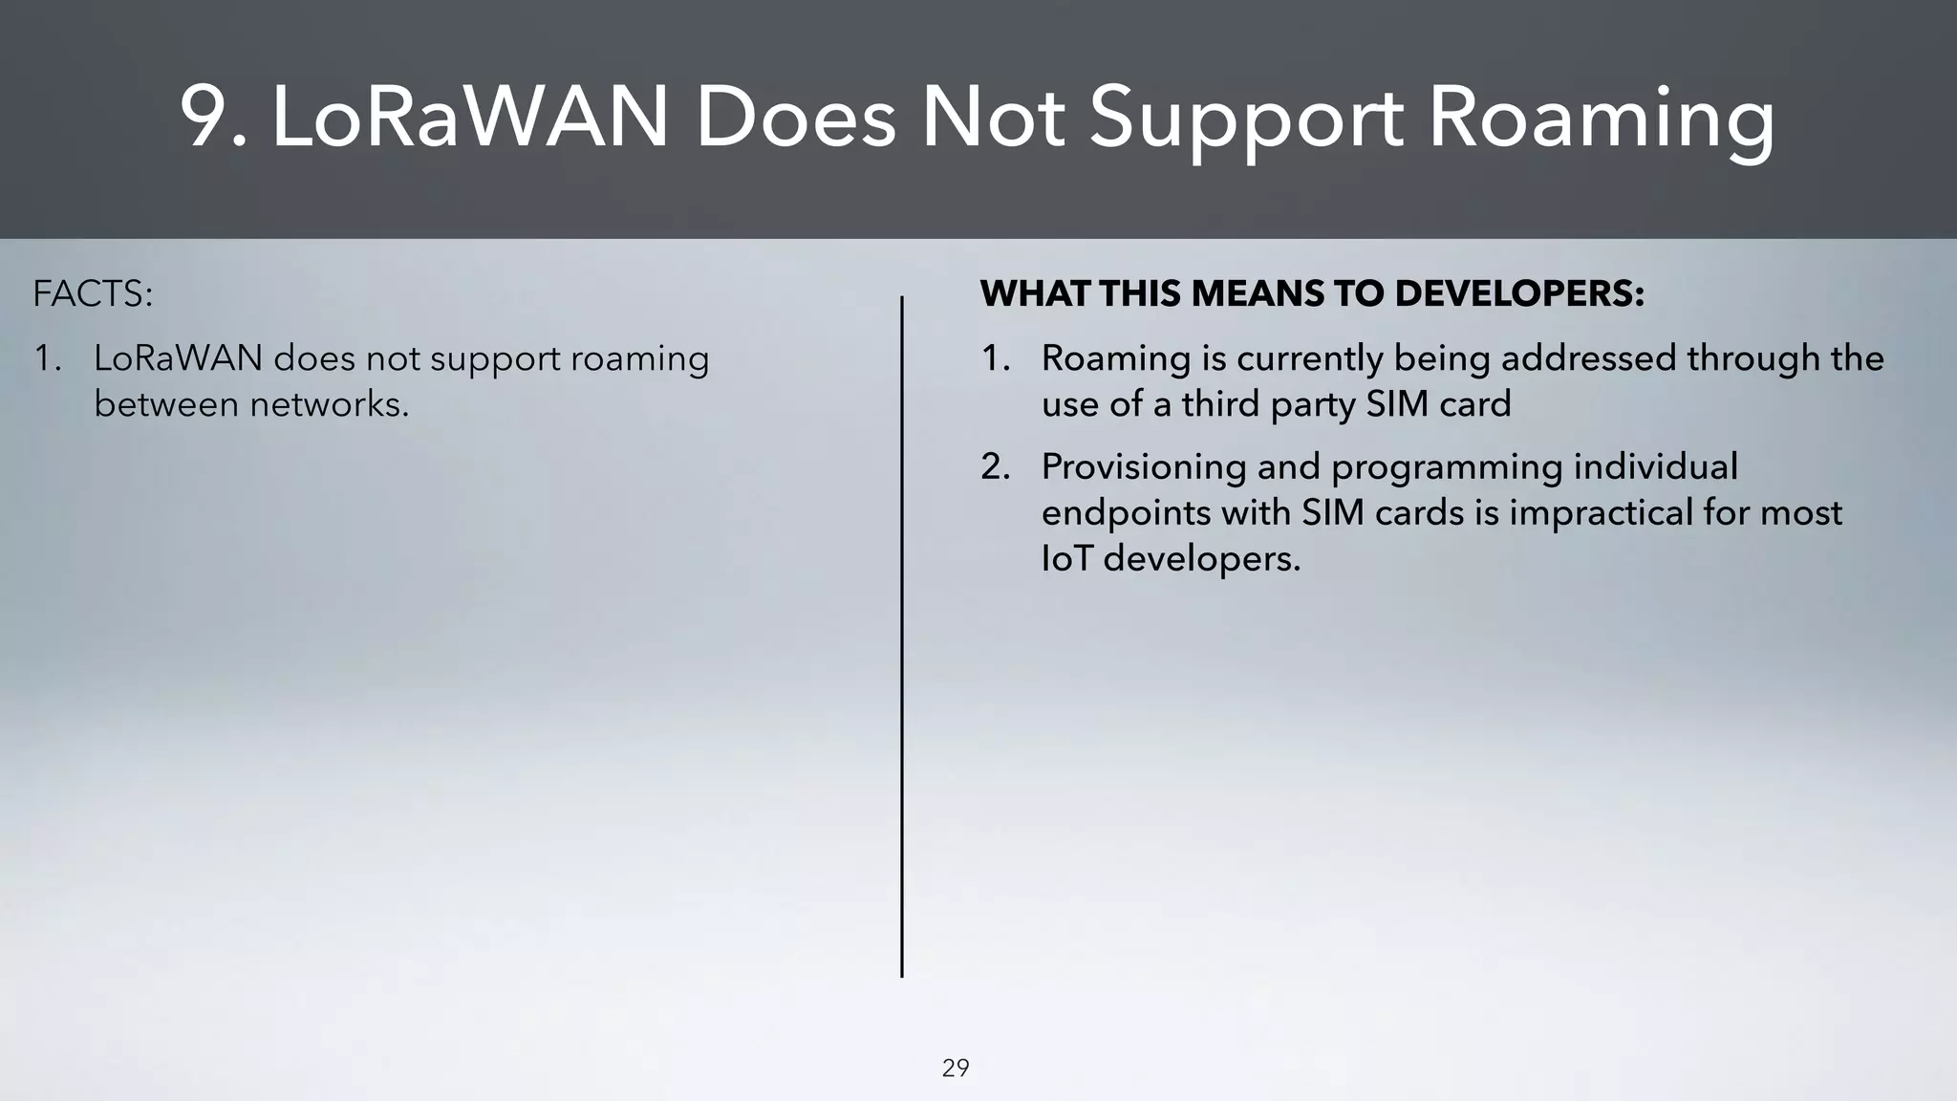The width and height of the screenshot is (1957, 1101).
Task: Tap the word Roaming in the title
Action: [x=1602, y=119]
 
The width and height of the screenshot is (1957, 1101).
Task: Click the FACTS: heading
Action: [x=92, y=293]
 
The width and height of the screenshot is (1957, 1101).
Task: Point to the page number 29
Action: [x=956, y=1068]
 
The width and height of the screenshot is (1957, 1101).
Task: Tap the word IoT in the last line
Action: [x=1065, y=558]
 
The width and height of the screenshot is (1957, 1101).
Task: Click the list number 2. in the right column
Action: [x=995, y=467]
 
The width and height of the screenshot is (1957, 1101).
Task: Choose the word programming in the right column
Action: [x=1446, y=467]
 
